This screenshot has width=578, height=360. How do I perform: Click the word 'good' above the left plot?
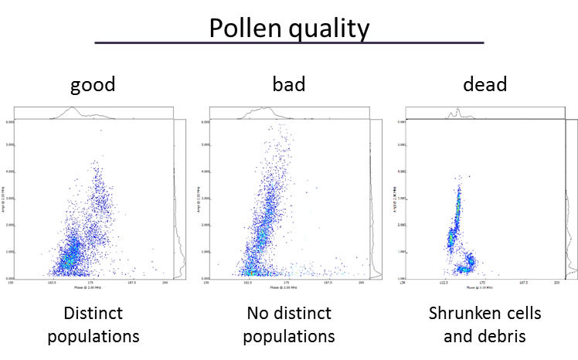pyautogui.click(x=92, y=83)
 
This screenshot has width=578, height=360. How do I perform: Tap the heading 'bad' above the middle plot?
pyautogui.click(x=289, y=83)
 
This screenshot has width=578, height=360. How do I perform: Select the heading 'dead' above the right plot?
pyautogui.click(x=484, y=83)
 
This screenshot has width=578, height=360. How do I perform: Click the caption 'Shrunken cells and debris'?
pyautogui.click(x=484, y=325)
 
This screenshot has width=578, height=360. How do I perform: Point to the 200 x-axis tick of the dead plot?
pyautogui.click(x=556, y=283)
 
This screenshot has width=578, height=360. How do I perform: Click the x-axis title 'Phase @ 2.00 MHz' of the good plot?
pyautogui.click(x=91, y=287)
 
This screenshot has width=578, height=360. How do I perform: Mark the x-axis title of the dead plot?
pyautogui.click(x=481, y=287)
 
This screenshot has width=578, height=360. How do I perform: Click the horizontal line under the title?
pyautogui.click(x=289, y=43)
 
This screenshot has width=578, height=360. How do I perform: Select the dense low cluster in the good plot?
pyautogui.click(x=71, y=255)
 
